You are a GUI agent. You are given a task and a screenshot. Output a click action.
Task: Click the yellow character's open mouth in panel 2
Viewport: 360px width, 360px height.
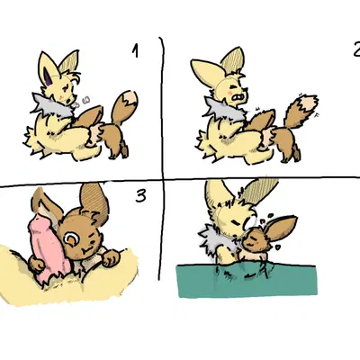pos(238,94)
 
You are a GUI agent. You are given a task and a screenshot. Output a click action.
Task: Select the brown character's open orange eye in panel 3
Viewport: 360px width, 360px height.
pos(70,238)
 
